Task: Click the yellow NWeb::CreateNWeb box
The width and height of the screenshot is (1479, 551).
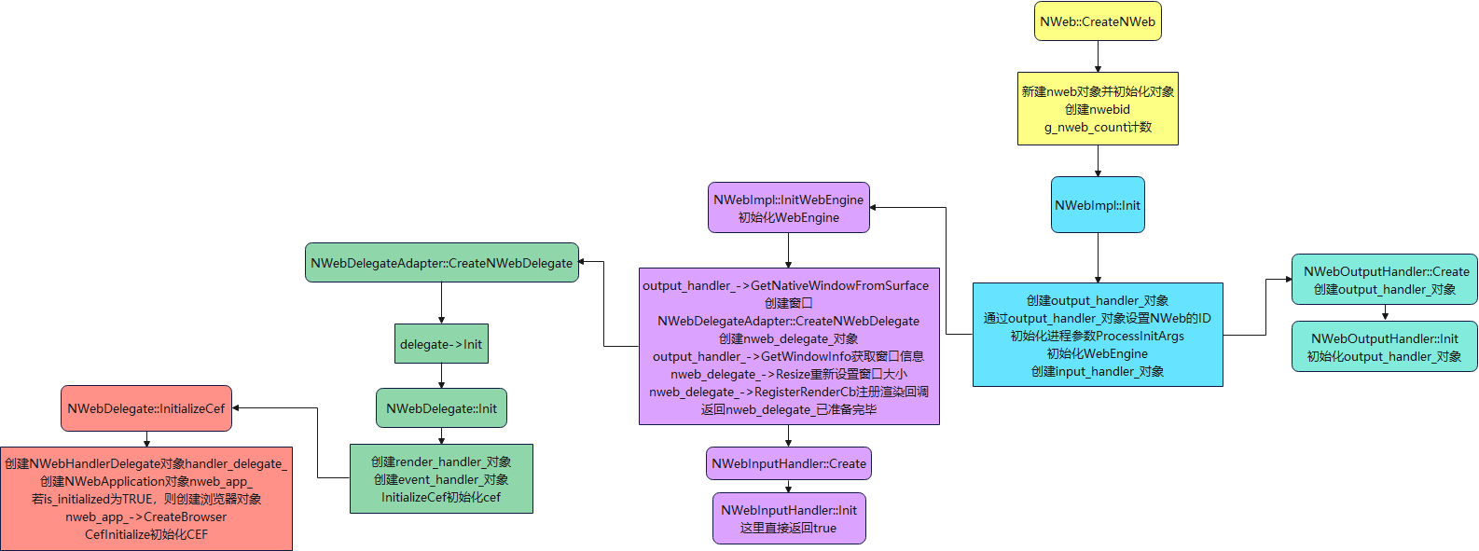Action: point(1098,21)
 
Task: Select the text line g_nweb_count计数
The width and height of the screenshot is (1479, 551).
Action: point(1098,127)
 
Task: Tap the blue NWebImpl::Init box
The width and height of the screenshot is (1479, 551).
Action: point(1098,205)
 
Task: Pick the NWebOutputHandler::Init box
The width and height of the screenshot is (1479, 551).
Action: point(1385,347)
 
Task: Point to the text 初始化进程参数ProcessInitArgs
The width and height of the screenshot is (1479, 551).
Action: point(1098,336)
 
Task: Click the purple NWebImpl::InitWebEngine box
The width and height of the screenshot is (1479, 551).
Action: point(789,208)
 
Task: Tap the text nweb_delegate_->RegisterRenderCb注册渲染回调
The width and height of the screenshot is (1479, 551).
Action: point(789,392)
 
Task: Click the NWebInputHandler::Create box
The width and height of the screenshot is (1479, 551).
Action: point(789,463)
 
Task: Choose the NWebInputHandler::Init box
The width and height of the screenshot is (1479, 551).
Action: point(789,518)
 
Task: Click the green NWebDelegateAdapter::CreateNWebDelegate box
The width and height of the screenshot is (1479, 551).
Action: point(441,263)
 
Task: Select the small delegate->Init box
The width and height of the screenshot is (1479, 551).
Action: point(441,344)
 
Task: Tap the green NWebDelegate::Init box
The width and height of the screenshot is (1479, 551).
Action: point(441,408)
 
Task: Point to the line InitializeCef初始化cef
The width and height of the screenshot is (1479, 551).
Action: point(441,497)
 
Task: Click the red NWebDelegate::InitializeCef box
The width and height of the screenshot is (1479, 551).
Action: point(146,408)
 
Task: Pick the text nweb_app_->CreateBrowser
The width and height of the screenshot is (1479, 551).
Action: point(146,517)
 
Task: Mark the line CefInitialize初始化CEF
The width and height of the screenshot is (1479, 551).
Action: point(146,534)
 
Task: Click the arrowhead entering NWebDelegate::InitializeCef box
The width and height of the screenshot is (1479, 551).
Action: point(236,408)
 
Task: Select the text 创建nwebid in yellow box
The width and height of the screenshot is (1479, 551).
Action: point(1098,109)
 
